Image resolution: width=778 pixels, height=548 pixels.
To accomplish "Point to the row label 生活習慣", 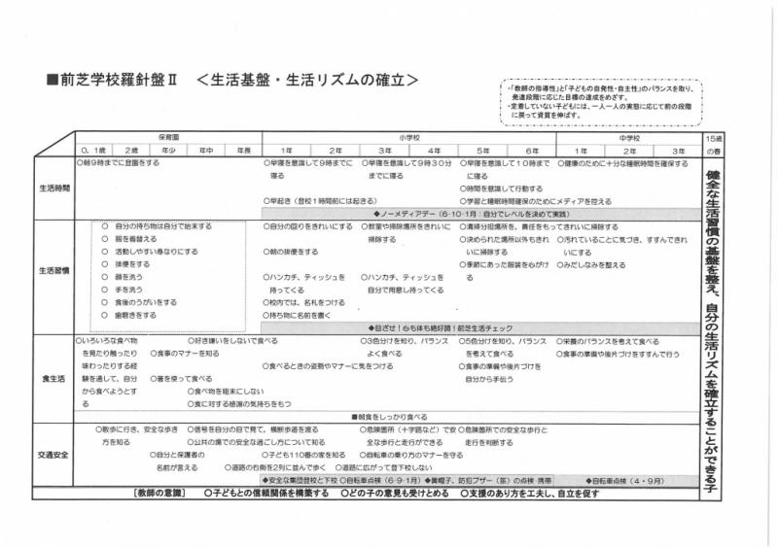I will coord(53,271).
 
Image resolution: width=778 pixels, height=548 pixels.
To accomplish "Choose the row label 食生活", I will coord(53,378).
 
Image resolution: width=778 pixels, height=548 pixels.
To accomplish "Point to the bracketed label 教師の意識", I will coord(161,493).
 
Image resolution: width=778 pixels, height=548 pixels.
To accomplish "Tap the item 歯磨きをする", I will coord(134,315).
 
